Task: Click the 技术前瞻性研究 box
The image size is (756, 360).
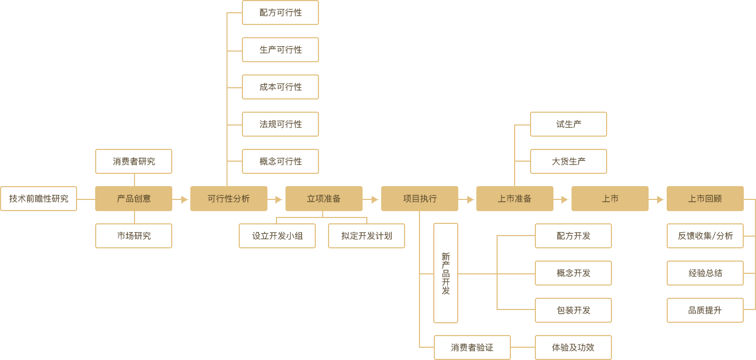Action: coord(38,198)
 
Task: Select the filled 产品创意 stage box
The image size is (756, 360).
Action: coord(133,198)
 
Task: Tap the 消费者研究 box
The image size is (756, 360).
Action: coord(133,161)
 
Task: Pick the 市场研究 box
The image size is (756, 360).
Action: coord(133,236)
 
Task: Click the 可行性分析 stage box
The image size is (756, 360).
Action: coord(229,198)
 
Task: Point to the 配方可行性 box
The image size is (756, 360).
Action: coord(280,12)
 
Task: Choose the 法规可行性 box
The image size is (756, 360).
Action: coord(280,124)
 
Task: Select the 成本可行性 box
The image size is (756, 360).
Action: coord(280,87)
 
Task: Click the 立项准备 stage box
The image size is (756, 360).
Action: coord(324,198)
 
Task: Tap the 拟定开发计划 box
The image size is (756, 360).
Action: coord(366,236)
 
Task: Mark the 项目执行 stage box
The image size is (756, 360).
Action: coord(419,198)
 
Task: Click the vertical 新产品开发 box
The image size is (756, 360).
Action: coord(446,273)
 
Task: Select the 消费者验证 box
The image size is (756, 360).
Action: coord(472,347)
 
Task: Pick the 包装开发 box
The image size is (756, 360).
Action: coord(573,310)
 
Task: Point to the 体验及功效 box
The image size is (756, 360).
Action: coord(573,347)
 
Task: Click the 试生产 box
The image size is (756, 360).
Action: coord(568,124)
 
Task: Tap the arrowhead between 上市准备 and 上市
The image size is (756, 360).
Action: coord(565,200)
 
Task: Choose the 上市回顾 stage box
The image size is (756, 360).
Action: coord(705,198)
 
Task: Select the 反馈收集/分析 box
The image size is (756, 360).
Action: coord(705,236)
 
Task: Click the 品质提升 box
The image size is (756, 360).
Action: coord(705,310)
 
